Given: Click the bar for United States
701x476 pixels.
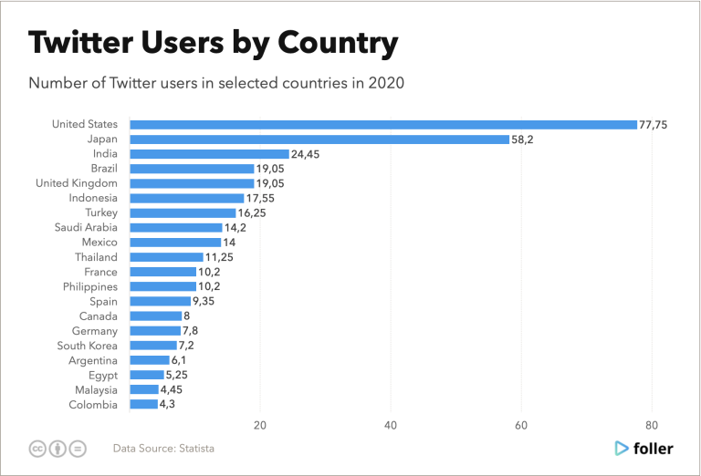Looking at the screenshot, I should click(x=383, y=124).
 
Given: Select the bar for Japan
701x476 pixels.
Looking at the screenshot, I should click(x=319, y=140).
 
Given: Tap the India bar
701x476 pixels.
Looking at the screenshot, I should click(x=209, y=154).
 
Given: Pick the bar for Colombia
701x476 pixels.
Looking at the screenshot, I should click(x=143, y=404).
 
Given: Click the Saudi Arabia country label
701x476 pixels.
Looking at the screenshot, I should click(x=88, y=228).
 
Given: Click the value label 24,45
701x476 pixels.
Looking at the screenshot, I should click(x=306, y=154).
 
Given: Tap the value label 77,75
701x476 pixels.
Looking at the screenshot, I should click(x=654, y=124).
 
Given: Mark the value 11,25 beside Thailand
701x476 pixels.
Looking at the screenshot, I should click(x=220, y=257).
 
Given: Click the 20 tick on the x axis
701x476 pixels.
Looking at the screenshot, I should click(x=260, y=426).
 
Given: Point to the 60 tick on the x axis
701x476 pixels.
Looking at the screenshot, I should click(x=521, y=426).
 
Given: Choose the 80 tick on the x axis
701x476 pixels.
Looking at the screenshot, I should click(x=652, y=426).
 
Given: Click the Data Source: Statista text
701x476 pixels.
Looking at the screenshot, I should click(x=164, y=448).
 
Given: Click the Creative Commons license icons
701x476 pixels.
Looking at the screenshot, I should click(x=58, y=448).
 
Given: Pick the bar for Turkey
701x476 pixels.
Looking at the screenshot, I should click(x=183, y=212).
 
